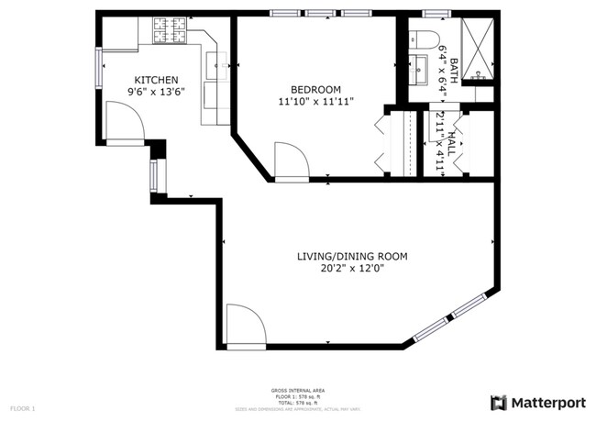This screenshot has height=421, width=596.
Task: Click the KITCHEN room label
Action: pos(156,80)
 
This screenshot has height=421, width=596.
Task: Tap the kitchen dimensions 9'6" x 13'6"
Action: pos(156,92)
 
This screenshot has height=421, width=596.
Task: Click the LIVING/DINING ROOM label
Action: pos(351,257)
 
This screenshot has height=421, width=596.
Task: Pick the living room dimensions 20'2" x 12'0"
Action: pos(351,269)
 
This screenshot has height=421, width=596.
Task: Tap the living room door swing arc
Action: pos(245,325)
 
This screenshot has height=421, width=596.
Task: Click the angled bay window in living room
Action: pos(454,316)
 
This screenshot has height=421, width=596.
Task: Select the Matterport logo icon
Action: pos(498,403)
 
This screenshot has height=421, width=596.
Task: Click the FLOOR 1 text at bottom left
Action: pos(23,407)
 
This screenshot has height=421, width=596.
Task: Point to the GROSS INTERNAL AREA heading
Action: pos(298,390)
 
